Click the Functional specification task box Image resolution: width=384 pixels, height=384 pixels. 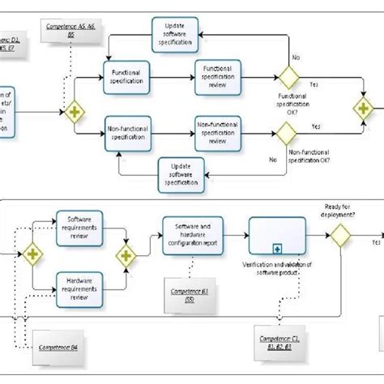point(130,77)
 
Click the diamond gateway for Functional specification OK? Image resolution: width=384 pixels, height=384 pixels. point(288,77)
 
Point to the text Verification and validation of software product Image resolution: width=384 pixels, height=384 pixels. point(277,270)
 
